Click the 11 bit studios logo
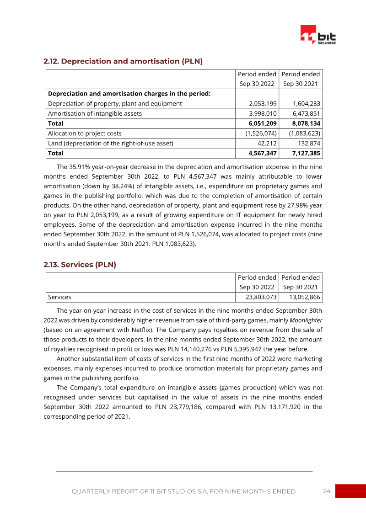318,35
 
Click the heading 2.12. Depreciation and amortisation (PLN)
123,61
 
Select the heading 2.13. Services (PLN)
80,265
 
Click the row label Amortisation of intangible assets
95,114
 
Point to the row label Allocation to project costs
85,133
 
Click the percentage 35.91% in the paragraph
80,167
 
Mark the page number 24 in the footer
326,491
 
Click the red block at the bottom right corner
350,491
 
